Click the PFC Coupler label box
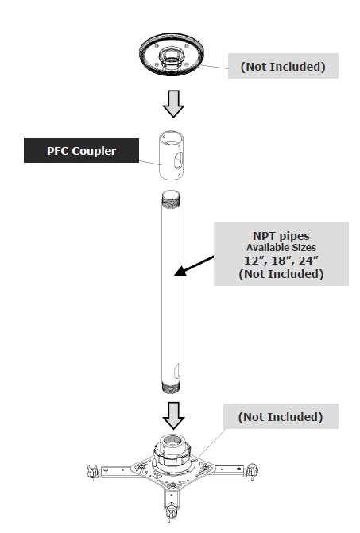[x=81, y=150]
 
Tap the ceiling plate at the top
[x=172, y=54]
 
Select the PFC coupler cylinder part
[x=172, y=156]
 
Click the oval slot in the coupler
[x=178, y=160]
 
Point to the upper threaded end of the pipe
[x=171, y=199]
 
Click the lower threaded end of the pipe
[x=171, y=388]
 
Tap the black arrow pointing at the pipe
[x=194, y=265]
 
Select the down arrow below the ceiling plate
[x=173, y=104]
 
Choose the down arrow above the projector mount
[x=173, y=415]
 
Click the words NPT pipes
[x=281, y=236]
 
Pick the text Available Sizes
[x=281, y=248]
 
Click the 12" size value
[x=254, y=261]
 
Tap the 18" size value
[x=281, y=261]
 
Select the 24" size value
[x=308, y=261]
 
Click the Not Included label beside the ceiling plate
[x=283, y=66]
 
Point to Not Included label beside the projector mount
[x=281, y=417]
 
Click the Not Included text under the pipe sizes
[x=281, y=273]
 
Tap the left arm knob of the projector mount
[x=92, y=472]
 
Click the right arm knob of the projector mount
[x=252, y=470]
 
